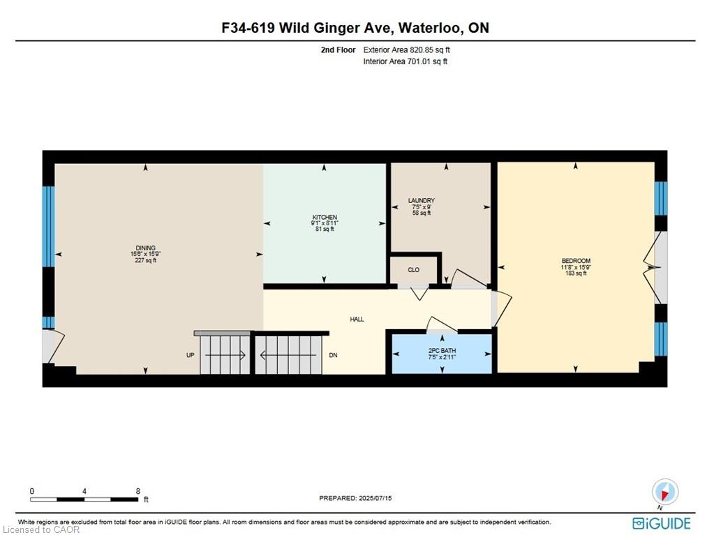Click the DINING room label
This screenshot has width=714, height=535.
pos(146,248)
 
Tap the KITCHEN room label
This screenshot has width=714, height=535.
pos(325,218)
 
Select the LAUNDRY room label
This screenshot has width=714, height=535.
pos(421,201)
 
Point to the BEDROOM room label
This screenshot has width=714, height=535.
pos(576,261)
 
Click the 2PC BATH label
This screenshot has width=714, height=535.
pos(442,351)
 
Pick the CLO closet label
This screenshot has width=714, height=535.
pos(413,270)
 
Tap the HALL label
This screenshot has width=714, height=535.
pos(357,319)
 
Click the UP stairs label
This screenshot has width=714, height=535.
pos(191,355)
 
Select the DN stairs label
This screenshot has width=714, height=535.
pos(334,355)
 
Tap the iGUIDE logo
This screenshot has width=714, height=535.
pos(661,523)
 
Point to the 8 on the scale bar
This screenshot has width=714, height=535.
pos(138,491)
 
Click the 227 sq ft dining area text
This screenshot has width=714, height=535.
pos(146,260)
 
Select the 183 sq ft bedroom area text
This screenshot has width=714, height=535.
pos(576,273)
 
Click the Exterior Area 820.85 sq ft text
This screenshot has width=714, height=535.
pos(407,50)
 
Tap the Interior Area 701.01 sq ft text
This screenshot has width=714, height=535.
pos(406,61)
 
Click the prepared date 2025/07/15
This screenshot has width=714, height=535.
pos(375,498)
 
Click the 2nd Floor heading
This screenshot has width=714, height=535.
pos(338,50)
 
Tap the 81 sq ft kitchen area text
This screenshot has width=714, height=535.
pos(325,229)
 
